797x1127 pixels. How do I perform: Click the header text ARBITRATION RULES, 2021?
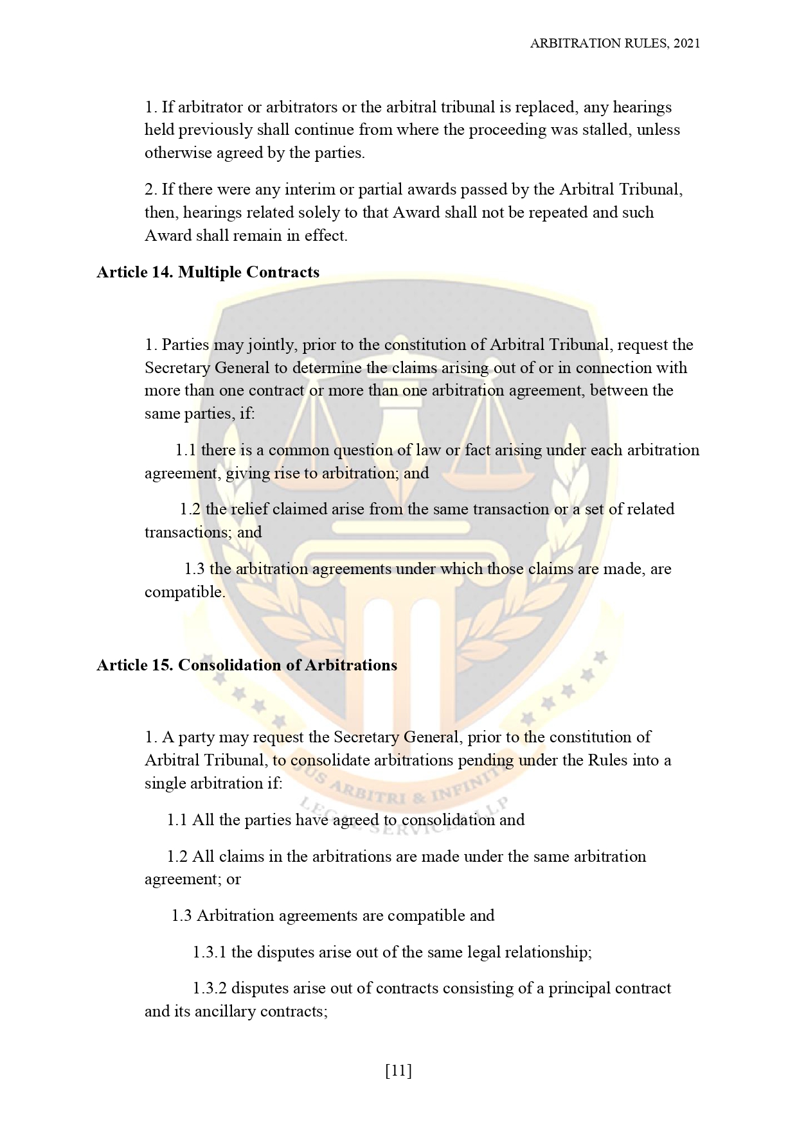point(614,43)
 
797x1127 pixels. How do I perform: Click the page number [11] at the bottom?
point(398,1070)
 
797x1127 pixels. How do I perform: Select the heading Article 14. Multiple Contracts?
point(208,272)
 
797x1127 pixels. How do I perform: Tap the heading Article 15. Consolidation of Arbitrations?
point(247,665)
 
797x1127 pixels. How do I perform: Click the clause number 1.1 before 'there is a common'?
point(186,450)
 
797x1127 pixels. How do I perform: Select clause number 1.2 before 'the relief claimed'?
point(190,509)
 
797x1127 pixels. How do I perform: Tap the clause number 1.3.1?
point(209,952)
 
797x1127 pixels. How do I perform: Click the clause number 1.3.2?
point(210,988)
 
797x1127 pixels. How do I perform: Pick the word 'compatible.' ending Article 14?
point(185,592)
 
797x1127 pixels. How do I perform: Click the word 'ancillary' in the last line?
point(225,1011)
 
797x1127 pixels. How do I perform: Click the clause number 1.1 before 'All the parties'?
point(177,820)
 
